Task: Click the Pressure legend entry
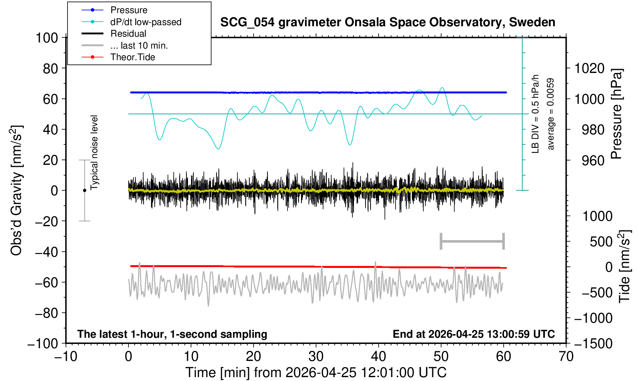(x=129, y=10)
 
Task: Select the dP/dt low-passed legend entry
(x=146, y=22)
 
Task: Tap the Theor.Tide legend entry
(x=133, y=57)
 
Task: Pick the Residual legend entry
(x=128, y=34)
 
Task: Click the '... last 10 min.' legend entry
(x=139, y=45)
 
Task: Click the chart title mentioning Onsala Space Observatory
(x=388, y=22)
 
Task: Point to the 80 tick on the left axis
(x=51, y=69)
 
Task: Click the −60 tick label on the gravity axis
(x=46, y=283)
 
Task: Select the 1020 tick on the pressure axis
(x=589, y=69)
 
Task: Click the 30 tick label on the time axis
(x=316, y=357)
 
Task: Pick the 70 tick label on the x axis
(x=566, y=357)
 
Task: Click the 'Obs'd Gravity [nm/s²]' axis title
(x=16, y=190)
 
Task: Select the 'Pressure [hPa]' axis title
(x=617, y=114)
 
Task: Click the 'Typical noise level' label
(x=94, y=153)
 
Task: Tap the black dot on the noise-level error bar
(x=85, y=190)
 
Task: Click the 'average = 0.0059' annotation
(x=551, y=114)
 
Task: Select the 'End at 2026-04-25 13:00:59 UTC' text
(x=474, y=334)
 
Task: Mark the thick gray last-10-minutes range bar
(x=472, y=241)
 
